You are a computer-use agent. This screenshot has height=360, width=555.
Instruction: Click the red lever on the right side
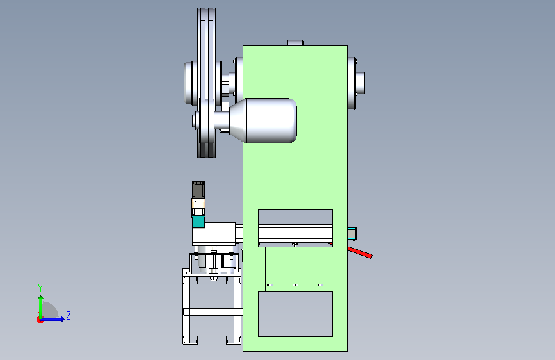[359, 252]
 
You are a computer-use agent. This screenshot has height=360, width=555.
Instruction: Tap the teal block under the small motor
[198, 222]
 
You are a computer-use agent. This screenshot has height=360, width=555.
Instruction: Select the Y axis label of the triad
[40, 288]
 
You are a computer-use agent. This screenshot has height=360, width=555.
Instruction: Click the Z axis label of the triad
[68, 315]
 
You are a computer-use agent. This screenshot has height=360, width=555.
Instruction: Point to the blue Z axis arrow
[53, 319]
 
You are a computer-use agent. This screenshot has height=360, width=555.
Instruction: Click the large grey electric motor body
[269, 120]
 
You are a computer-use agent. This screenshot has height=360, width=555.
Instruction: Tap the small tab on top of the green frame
[295, 43]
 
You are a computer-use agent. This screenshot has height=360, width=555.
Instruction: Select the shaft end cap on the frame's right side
[360, 83]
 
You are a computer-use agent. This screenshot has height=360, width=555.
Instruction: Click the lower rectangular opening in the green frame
[295, 314]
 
